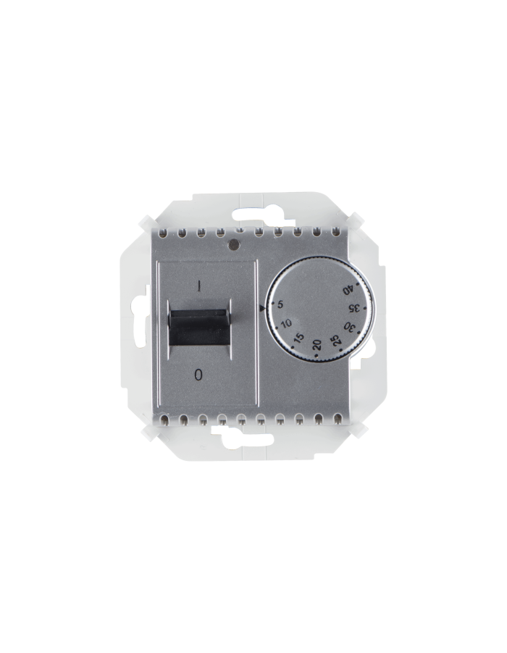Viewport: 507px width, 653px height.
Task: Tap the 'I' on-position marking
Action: pyautogui.click(x=198, y=286)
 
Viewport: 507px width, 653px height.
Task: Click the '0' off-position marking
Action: pyautogui.click(x=198, y=375)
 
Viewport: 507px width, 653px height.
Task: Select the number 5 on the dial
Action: pyautogui.click(x=280, y=305)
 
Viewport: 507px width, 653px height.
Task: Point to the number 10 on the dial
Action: pyautogui.click(x=286, y=323)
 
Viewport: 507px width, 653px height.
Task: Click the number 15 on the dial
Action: pyautogui.click(x=299, y=338)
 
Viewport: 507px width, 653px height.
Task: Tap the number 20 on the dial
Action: pyautogui.click(x=317, y=345)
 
